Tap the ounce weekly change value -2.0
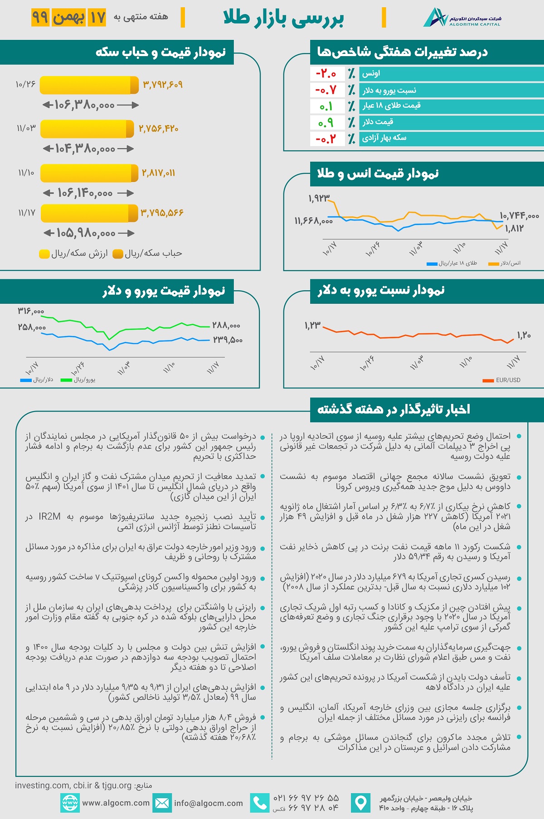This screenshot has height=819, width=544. pyautogui.click(x=325, y=74)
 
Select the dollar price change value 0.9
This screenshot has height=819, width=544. pyautogui.click(x=325, y=122)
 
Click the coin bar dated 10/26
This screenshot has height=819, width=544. pyautogui.click(x=89, y=85)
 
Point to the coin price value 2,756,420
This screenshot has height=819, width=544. pyautogui.click(x=158, y=129)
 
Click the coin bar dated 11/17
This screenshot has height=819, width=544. pyautogui.click(x=89, y=213)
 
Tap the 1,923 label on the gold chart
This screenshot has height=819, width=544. pyautogui.click(x=319, y=198)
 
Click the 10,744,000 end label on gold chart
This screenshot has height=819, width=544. pyautogui.click(x=519, y=216)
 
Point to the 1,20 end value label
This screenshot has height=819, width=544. pyautogui.click(x=524, y=335)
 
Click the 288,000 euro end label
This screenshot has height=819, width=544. pyautogui.click(x=226, y=326)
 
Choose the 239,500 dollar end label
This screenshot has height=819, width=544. pyautogui.click(x=228, y=340)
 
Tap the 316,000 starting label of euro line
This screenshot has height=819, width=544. pyautogui.click(x=31, y=311)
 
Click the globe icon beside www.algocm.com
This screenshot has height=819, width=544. pyautogui.click(x=70, y=803)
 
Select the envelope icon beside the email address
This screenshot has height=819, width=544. pyautogui.click(x=162, y=803)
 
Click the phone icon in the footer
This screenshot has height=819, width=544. pyautogui.click(x=260, y=803)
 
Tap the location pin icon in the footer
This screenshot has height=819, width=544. pyautogui.click(x=360, y=803)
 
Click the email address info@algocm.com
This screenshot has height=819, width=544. pyautogui.click(x=209, y=803)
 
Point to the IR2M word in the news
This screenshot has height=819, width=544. pyautogui.click(x=49, y=517)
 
